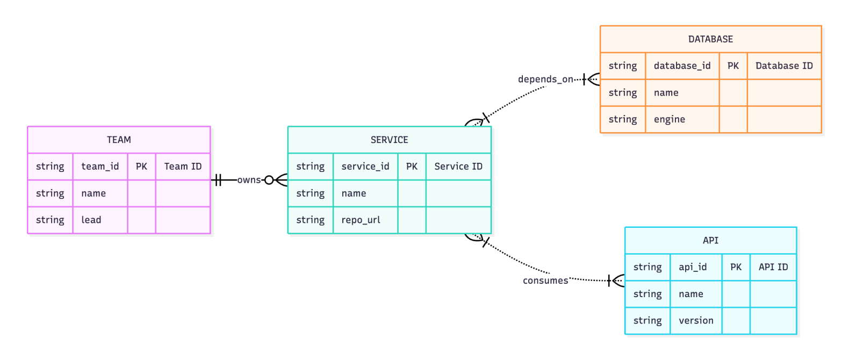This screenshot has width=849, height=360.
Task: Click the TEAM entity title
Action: (119, 140)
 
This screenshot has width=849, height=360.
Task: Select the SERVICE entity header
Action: (389, 140)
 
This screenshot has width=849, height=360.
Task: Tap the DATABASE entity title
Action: (710, 39)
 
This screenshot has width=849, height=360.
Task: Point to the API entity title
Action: (710, 240)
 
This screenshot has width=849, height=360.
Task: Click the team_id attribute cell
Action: (100, 167)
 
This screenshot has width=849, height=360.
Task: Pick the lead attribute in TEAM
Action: (91, 220)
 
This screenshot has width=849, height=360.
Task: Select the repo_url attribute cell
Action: (361, 220)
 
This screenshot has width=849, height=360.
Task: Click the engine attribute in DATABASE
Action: (669, 119)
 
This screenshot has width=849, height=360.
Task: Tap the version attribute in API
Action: (696, 321)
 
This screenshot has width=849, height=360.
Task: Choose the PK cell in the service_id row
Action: (412, 167)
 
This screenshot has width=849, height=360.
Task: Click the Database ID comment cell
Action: (784, 66)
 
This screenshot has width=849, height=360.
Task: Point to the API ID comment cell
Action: (773, 267)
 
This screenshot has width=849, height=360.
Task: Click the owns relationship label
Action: (249, 180)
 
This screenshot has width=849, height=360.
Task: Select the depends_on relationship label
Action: (545, 80)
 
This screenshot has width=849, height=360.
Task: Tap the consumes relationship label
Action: (545, 280)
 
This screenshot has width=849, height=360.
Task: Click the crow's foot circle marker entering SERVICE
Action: (269, 180)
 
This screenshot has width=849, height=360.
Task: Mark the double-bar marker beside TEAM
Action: (218, 180)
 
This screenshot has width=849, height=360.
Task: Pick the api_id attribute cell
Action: (693, 267)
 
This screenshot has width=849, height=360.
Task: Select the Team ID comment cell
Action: (183, 167)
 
